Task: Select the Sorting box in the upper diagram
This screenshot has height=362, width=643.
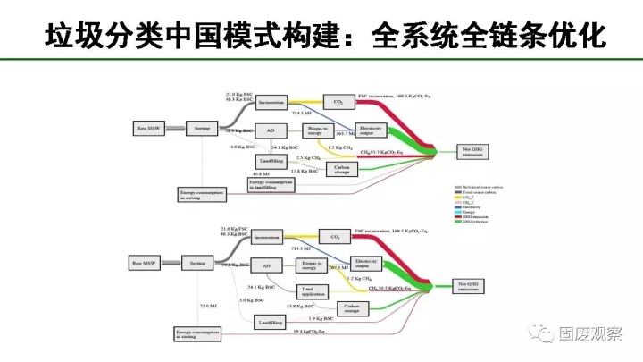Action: pyautogui.click(x=201, y=129)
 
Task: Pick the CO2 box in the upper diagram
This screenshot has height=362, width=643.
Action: pyautogui.click(x=337, y=102)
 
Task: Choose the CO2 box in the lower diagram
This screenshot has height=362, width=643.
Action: pyautogui.click(x=336, y=237)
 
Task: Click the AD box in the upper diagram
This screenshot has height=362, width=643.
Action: pyautogui.click(x=271, y=129)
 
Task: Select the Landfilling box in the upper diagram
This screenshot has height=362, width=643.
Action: pyautogui.click(x=271, y=160)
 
